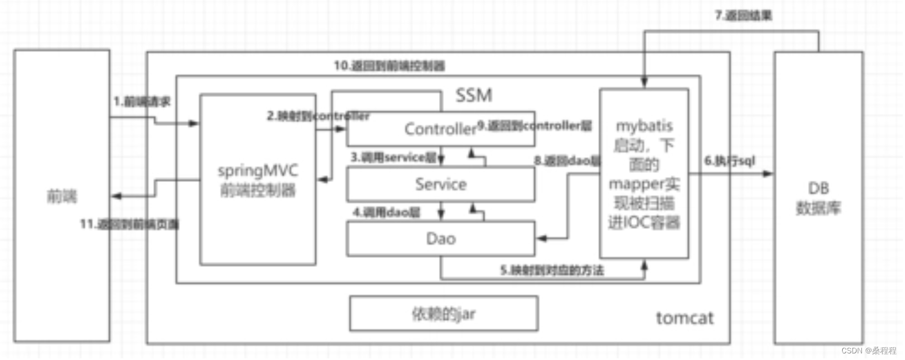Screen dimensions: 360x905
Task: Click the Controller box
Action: (440, 129)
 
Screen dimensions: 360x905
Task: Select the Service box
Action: (440, 185)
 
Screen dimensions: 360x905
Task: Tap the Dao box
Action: (440, 239)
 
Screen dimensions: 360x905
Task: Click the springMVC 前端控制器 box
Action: (258, 180)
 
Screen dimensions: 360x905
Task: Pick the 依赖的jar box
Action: (443, 314)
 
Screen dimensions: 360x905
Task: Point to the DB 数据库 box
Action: (818, 198)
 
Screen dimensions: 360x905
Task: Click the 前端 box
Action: (62, 196)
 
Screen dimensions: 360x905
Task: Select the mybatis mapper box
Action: (644, 174)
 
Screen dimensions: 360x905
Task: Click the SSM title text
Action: (474, 95)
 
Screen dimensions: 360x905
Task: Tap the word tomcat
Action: (684, 318)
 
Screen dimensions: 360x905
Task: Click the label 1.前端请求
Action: (142, 101)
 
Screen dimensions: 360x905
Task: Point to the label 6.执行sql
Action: (729, 161)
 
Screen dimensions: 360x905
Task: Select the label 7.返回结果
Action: (743, 15)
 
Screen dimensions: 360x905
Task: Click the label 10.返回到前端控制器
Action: (389, 66)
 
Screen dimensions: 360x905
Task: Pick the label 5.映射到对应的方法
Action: (551, 270)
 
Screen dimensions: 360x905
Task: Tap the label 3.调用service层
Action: (393, 158)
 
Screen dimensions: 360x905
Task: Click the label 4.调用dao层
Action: (387, 212)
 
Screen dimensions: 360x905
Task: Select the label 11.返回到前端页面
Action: (130, 224)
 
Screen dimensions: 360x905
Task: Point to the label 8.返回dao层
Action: (567, 161)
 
